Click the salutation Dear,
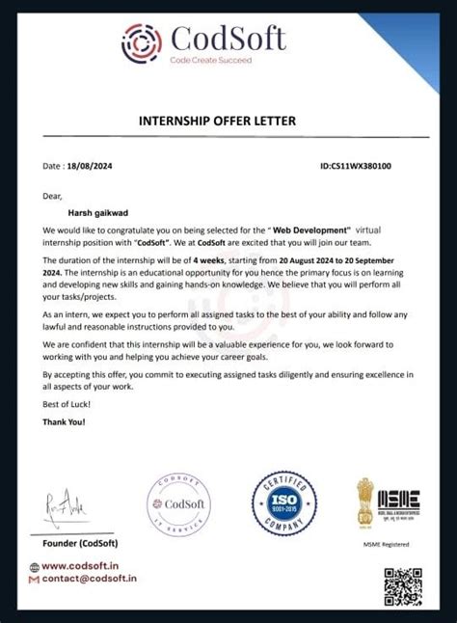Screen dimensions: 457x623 [52, 196]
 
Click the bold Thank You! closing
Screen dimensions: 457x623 [64, 422]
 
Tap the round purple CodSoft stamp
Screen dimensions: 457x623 [177, 508]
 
